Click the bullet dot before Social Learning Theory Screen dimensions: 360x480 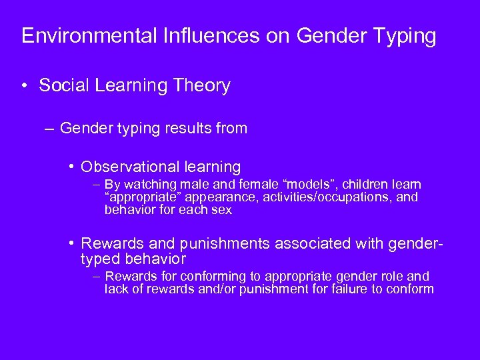tap(26, 85)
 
